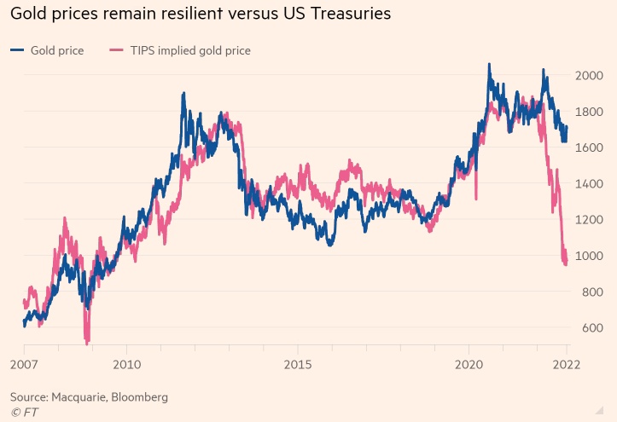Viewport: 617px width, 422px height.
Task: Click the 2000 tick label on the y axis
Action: (x=590, y=75)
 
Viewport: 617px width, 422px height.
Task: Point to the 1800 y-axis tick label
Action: (x=590, y=111)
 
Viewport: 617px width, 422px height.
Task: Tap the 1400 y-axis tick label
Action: (x=590, y=183)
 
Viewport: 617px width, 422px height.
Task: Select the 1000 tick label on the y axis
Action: (x=590, y=256)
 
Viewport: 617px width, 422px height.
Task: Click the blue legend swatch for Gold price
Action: (x=17, y=50)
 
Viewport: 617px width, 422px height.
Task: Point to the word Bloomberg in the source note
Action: (x=142, y=397)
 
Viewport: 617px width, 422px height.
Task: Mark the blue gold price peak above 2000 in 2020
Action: (x=489, y=64)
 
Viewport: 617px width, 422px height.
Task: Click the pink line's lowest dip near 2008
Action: (x=86, y=340)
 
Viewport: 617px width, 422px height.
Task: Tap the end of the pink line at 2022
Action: (x=566, y=264)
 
